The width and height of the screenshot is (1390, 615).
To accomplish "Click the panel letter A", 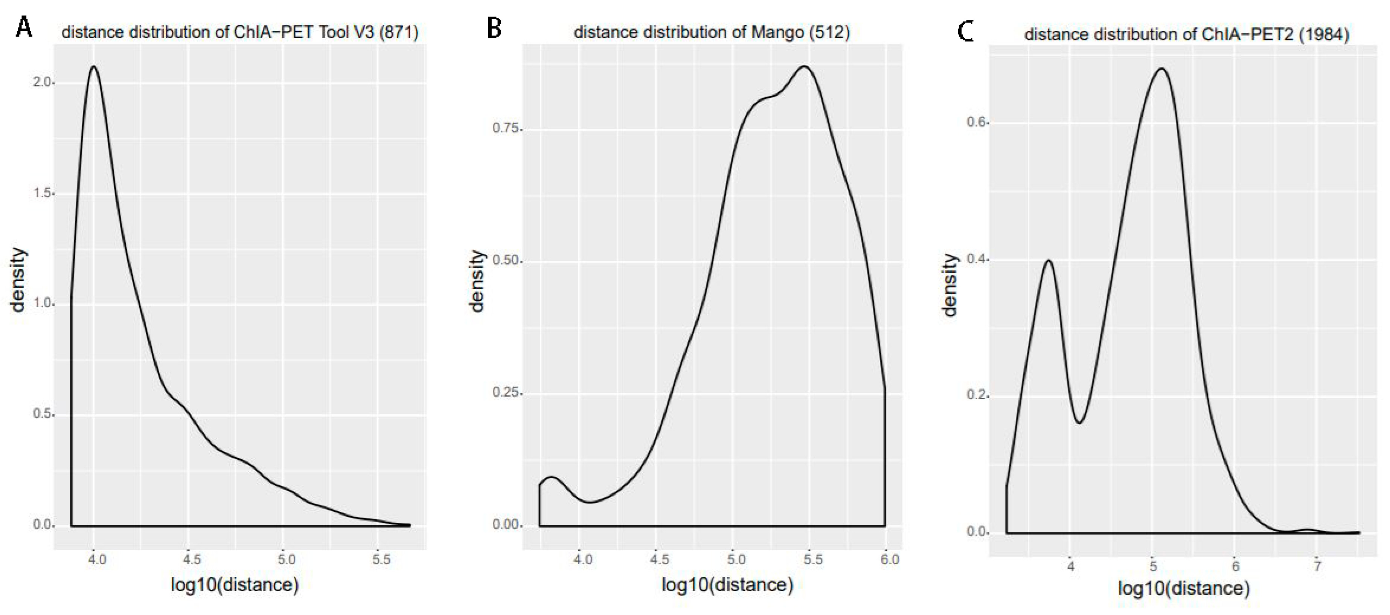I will pos(24,27).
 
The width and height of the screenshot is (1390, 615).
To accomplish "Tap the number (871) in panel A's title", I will pos(398,32).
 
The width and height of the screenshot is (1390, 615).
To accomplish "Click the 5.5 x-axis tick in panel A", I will pos(381,559).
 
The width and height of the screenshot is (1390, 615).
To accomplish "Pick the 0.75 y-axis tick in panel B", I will pos(505,128).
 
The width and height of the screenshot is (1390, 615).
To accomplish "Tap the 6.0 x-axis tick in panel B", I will pos(889,559).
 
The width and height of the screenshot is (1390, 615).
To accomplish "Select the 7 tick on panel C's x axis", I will pos(1317,566).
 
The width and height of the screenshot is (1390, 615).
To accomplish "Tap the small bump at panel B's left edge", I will pos(552,477).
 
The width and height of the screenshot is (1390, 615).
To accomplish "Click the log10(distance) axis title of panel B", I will pos(727,585).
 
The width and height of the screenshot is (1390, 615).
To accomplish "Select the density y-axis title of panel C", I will pos(949,285).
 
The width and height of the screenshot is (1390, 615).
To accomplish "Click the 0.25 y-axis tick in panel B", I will pos(505,392).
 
